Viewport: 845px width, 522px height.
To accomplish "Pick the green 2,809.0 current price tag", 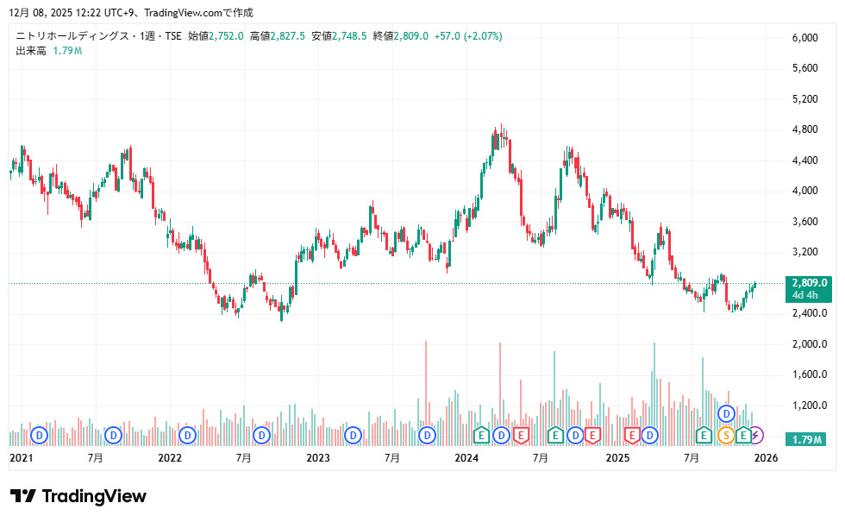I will [809, 282].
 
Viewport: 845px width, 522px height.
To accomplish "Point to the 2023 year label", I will [318, 457].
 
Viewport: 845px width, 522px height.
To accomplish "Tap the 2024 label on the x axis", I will [466, 457].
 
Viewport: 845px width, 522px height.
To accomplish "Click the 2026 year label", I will [766, 457].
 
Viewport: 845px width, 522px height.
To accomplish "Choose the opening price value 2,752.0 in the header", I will [227, 36].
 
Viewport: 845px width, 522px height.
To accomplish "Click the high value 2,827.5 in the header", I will [288, 36].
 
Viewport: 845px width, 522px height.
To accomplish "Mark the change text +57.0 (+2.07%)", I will [468, 36].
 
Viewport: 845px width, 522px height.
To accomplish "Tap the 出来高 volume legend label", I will [30, 51].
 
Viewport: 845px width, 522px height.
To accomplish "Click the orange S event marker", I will [725, 435].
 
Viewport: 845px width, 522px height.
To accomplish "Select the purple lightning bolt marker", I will [755, 435].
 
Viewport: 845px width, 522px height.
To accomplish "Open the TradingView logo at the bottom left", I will [78, 496].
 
